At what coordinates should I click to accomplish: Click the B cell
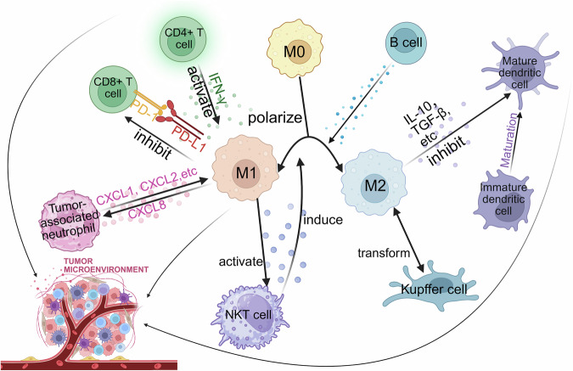point(406,43)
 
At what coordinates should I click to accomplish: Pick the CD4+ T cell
point(184,39)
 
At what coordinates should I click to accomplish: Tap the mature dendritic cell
point(520,71)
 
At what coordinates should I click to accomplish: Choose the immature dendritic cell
point(503,200)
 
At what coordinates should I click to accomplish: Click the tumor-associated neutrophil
point(70,221)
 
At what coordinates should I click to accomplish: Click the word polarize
point(275,118)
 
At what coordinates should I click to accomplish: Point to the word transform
point(384,253)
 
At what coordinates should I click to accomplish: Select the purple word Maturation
point(509,140)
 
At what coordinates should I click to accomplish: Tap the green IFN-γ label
point(216,87)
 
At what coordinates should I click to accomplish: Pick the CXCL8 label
point(147,210)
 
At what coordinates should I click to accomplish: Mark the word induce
point(323,220)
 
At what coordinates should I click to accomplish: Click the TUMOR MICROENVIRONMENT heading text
point(106,266)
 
